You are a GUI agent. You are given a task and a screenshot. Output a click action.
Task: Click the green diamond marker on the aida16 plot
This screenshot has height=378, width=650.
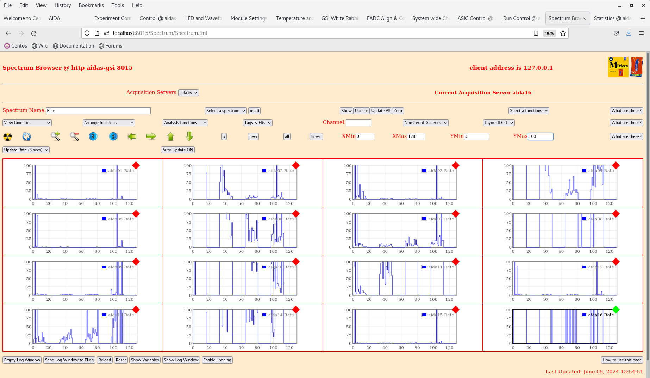[x=616, y=310]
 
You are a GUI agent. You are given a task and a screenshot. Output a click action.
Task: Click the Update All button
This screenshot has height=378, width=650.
[x=381, y=111]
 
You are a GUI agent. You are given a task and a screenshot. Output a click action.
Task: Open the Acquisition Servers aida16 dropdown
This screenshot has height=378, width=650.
[x=188, y=93]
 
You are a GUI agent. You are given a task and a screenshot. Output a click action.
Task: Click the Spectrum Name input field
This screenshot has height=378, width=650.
[x=98, y=111]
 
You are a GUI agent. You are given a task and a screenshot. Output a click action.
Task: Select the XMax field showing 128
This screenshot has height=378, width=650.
[x=416, y=136]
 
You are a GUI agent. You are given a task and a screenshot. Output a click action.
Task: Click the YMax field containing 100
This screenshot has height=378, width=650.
[x=540, y=136]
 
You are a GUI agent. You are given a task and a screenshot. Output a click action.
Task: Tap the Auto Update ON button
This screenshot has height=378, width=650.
[x=178, y=150]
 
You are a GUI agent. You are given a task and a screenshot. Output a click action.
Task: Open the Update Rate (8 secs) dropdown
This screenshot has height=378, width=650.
[x=26, y=150]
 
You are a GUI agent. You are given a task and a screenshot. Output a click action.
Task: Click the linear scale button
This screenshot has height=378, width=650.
[x=316, y=136]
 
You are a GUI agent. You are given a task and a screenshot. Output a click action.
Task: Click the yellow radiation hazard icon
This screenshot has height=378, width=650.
[x=7, y=136]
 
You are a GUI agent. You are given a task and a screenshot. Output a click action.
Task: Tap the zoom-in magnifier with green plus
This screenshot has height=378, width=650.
[x=55, y=136]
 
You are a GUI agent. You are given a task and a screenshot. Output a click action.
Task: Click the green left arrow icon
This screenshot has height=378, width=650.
[x=132, y=136]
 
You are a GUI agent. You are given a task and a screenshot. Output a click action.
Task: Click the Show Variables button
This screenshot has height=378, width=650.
[x=145, y=360]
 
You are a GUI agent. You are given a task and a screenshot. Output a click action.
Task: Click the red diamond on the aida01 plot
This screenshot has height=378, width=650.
[x=136, y=165]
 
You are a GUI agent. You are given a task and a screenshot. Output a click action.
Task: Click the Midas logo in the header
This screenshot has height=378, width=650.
[x=618, y=67]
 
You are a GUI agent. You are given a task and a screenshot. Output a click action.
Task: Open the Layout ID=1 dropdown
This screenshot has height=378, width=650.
[x=499, y=123]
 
